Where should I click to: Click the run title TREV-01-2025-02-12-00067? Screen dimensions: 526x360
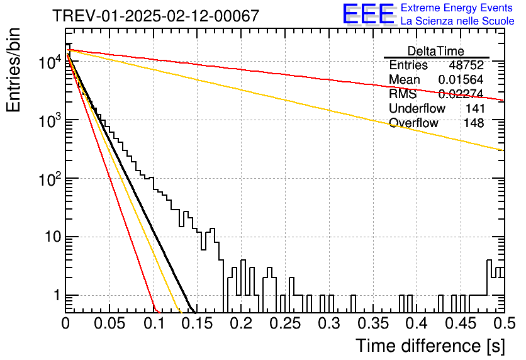(156, 16)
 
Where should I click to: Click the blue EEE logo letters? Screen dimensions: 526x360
(369, 14)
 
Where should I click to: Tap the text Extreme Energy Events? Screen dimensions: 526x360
(457, 8)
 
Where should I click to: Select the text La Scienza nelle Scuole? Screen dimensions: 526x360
(457, 21)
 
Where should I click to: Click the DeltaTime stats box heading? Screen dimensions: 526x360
(436, 51)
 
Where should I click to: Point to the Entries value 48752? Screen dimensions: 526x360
(466, 65)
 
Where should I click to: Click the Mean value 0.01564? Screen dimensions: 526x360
(461, 79)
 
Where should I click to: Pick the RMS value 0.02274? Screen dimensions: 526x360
(461, 94)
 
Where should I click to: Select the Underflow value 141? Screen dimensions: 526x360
(475, 108)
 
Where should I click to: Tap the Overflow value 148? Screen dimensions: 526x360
(474, 123)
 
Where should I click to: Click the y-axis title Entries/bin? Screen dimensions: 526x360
(13, 70)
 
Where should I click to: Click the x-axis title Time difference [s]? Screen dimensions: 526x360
(430, 346)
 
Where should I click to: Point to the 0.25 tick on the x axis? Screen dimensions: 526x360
(286, 323)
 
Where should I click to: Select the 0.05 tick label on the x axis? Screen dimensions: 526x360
(109, 323)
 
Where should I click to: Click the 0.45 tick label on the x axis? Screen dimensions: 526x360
(461, 323)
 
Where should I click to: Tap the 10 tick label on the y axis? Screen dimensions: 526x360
(53, 237)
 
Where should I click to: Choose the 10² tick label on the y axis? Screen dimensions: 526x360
(50, 179)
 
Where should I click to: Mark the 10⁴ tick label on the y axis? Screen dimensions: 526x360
(50, 62)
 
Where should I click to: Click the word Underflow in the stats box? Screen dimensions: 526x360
(417, 108)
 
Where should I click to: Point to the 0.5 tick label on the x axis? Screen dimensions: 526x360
(505, 323)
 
